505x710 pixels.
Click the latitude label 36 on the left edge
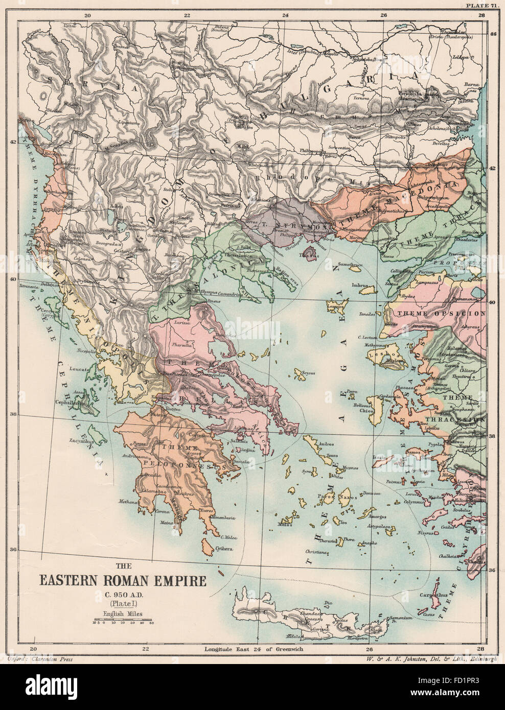click(14, 550)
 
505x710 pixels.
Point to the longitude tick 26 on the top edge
click(383, 15)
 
